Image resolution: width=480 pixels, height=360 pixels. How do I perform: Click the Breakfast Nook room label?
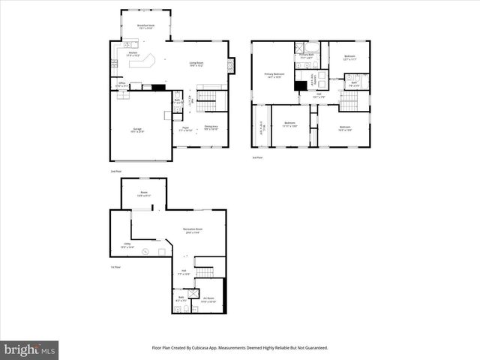point(145,27)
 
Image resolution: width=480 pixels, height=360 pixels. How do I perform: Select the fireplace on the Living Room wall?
point(232,64)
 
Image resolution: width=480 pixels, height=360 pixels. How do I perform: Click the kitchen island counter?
point(142,61)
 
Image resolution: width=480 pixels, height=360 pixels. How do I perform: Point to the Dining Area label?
point(211,128)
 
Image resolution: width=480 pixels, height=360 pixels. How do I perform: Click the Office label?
point(121,85)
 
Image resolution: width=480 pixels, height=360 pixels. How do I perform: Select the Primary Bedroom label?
point(274,75)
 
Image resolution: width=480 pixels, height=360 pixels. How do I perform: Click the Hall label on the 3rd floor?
point(318,95)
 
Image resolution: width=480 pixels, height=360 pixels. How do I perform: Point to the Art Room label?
point(210,300)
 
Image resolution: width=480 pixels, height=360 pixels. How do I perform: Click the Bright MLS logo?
point(30,349)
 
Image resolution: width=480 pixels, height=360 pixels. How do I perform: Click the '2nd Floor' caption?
point(115,172)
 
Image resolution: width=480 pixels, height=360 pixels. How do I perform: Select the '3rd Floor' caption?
point(257,157)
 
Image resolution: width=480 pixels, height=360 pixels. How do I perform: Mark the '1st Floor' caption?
point(115,268)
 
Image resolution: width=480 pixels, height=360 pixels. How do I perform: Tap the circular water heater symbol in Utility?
point(147,251)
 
